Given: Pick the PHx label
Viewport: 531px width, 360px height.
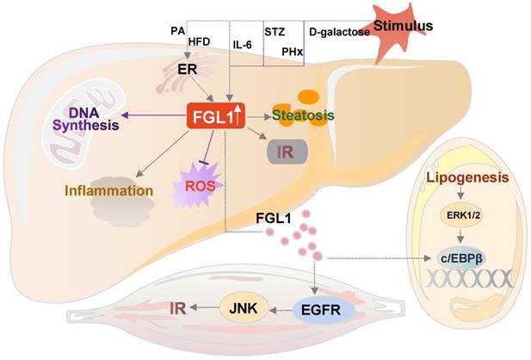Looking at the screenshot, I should tap(292, 52).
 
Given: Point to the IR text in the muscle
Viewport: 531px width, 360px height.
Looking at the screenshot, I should tap(176, 306).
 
